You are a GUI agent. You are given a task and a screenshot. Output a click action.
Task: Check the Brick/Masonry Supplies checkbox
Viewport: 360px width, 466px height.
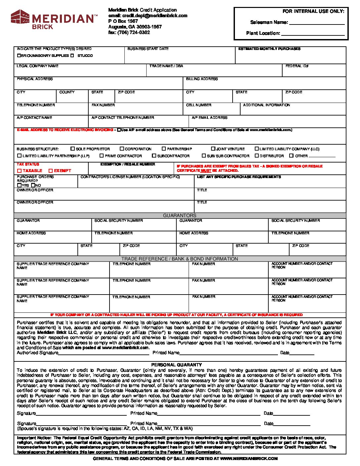[x=19, y=56]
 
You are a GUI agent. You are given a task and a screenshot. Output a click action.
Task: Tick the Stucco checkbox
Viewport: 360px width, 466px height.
[x=72, y=56]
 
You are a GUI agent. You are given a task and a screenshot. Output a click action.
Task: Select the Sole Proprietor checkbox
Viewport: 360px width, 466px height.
[x=73, y=149]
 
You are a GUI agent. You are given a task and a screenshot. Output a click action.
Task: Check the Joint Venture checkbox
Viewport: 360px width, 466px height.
[x=213, y=149]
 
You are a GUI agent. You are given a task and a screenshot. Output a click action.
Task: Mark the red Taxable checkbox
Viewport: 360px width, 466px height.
[x=19, y=171]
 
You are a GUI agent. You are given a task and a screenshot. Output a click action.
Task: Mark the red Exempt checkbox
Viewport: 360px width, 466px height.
[x=51, y=171]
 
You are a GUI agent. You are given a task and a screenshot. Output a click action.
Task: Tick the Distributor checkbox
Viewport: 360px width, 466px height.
[x=257, y=156]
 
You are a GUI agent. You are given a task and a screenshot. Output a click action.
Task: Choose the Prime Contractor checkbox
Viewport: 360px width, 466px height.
[x=102, y=156]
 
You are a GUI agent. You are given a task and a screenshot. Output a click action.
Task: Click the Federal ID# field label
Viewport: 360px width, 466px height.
[x=297, y=66]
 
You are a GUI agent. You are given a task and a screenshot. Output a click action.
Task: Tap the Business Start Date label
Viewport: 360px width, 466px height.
[x=148, y=49]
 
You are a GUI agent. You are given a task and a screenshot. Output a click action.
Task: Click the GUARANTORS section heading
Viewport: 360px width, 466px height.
[x=180, y=215]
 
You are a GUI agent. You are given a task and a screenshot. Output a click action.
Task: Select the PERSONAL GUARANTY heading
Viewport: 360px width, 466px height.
[x=176, y=365]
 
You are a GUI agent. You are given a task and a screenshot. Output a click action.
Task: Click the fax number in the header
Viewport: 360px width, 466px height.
[x=133, y=32]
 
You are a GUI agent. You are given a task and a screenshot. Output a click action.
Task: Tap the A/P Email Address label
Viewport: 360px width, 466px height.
[x=209, y=117]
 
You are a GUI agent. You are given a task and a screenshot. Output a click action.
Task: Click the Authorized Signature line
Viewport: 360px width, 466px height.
[x=104, y=353]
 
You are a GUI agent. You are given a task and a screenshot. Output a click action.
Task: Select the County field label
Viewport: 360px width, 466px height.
[x=67, y=92]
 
